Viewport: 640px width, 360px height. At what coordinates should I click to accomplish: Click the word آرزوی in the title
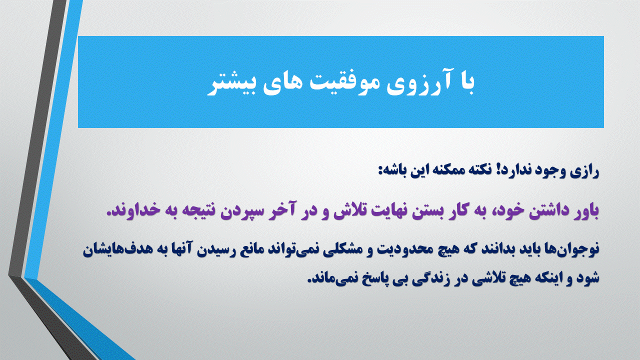coord(416,83)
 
